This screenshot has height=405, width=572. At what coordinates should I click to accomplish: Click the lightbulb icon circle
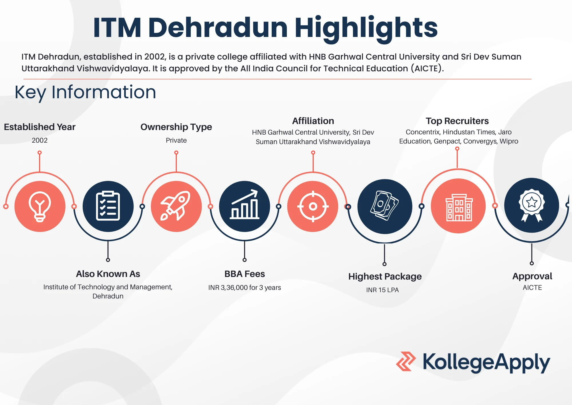pyautogui.click(x=40, y=206)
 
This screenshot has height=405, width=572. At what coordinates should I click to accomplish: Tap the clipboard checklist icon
pyautogui.click(x=108, y=206)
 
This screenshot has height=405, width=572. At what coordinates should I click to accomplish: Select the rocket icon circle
pyautogui.click(x=176, y=206)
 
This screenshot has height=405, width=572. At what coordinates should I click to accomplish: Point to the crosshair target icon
pyautogui.click(x=313, y=206)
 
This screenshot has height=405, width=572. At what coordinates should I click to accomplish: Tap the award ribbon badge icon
pyautogui.click(x=532, y=205)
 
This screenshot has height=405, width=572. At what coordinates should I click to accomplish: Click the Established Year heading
pyautogui.click(x=40, y=127)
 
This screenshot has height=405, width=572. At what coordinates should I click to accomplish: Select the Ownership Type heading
pyautogui.click(x=176, y=127)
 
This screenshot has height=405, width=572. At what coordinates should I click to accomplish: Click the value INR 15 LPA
pyautogui.click(x=382, y=290)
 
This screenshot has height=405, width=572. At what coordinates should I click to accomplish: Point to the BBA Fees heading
pyautogui.click(x=245, y=274)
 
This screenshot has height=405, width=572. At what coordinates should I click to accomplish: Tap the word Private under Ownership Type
pyautogui.click(x=176, y=140)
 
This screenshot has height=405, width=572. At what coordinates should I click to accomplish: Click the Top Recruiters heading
pyautogui.click(x=457, y=121)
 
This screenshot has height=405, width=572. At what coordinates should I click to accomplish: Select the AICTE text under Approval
pyautogui.click(x=532, y=288)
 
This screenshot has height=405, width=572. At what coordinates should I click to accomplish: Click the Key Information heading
pyautogui.click(x=85, y=93)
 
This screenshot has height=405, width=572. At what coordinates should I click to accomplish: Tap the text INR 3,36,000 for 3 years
pyautogui.click(x=245, y=288)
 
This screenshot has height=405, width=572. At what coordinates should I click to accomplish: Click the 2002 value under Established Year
pyautogui.click(x=39, y=140)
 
